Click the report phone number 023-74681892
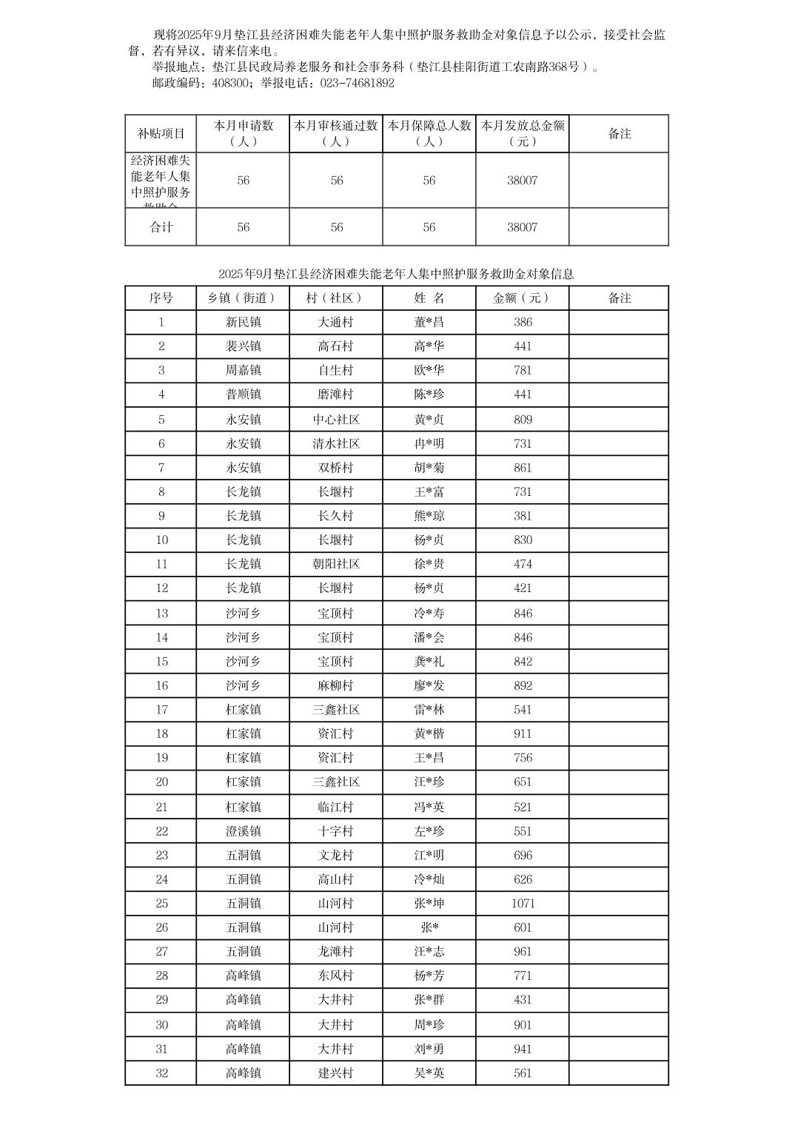pos(357,83)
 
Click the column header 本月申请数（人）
pos(243,133)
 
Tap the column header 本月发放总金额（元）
pos(523,133)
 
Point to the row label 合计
pos(161,227)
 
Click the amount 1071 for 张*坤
pos(523,904)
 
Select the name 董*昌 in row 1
pos(429,322)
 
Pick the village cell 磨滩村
pos(336,394)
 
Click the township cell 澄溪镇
pos(243,831)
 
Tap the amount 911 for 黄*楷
pos(523,734)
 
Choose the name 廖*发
pos(429,686)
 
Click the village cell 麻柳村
pos(336,686)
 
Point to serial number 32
pos(161,1073)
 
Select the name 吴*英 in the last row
pos(429,1073)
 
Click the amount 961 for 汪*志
pos(523,952)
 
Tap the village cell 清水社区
pos(336,444)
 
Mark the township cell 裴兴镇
pos(243,346)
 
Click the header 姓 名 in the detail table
pos(429,298)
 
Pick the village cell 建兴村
pos(336,1073)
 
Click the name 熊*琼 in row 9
pos(429,516)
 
